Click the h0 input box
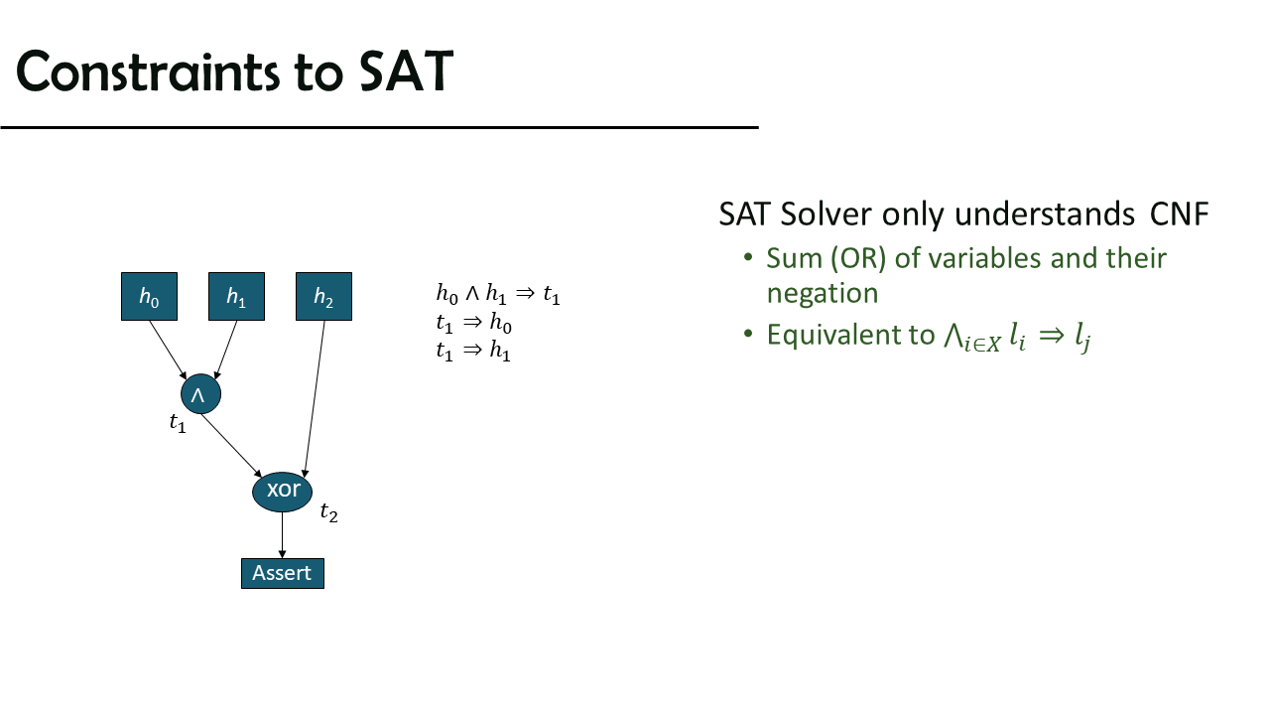[x=149, y=296]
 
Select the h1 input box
[x=236, y=296]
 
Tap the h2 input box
[x=323, y=296]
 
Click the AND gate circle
[x=200, y=394]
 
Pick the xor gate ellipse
[x=283, y=492]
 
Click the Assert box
[x=283, y=573]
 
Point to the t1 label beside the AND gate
[x=178, y=423]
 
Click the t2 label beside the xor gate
[x=328, y=512]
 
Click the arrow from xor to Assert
[x=283, y=535]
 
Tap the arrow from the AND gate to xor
[x=231, y=446]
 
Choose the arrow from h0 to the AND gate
[x=168, y=350]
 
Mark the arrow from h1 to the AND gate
[x=225, y=350]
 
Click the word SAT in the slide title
[x=406, y=71]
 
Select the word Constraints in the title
[x=148, y=71]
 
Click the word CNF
[x=1180, y=214]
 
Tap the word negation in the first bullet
[x=823, y=293]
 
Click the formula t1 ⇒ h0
[x=474, y=323]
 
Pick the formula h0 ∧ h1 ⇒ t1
[x=498, y=294]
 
